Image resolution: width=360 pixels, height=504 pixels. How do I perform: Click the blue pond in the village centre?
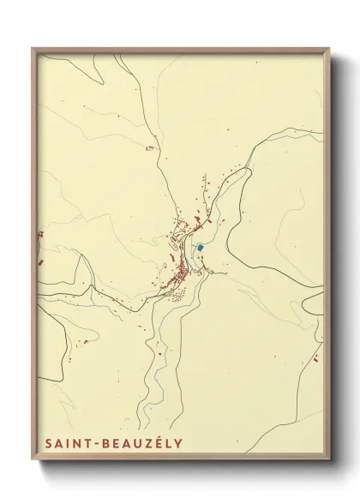click(x=200, y=247)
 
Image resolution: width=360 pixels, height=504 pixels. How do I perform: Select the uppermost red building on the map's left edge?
click(x=39, y=234)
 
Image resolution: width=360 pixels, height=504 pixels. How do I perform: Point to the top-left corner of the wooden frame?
click(x=33, y=48)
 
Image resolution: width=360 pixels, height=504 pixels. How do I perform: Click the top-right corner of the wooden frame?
click(x=330, y=48)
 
